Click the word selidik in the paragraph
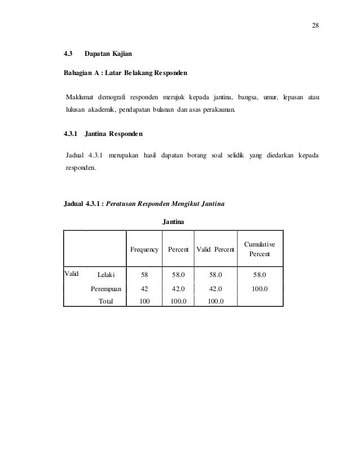click(237, 155)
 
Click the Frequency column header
click(144, 249)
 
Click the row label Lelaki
click(106, 275)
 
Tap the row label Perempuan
click(107, 288)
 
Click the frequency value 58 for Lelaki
click(144, 275)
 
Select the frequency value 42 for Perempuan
click(144, 288)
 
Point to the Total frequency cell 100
click(144, 301)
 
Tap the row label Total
click(106, 301)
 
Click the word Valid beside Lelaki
click(72, 274)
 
